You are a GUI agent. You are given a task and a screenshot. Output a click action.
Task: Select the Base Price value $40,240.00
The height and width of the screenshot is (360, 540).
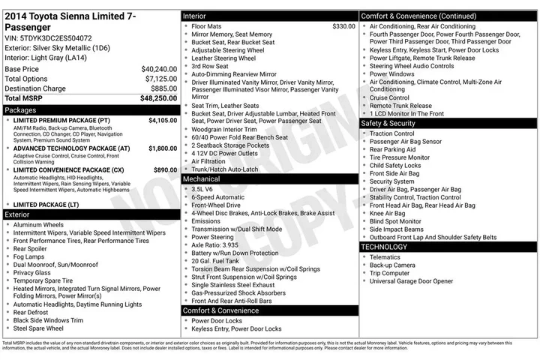point(159,69)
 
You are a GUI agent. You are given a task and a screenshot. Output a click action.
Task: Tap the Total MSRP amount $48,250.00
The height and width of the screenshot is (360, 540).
point(158,98)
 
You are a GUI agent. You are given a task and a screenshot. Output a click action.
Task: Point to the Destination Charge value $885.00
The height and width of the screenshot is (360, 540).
point(163,88)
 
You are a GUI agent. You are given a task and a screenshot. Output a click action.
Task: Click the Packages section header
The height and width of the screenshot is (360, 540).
point(21,109)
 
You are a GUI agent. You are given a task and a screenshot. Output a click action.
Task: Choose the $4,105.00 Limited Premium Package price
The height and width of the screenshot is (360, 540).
point(163,120)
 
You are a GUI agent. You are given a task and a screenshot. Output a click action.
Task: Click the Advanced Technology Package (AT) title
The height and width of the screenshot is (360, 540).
point(72,148)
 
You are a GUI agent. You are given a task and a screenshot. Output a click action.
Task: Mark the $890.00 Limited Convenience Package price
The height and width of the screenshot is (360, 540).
point(166,170)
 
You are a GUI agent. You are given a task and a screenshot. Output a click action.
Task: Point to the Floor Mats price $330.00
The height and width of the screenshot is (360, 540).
point(343,26)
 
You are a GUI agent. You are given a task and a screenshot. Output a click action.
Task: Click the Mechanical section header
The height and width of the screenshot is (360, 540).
point(202,179)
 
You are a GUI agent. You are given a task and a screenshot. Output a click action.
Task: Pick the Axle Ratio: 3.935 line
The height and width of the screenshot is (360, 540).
point(214,244)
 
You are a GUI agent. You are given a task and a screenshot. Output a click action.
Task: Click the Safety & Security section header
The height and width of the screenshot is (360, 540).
point(388,123)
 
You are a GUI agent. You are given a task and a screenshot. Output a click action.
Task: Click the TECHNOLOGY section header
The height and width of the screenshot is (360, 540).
point(385,247)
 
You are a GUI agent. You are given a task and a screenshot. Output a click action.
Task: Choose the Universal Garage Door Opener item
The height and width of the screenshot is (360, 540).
point(411,281)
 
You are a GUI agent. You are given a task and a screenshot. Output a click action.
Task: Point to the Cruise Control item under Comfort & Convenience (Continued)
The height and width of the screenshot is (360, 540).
point(389,97)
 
